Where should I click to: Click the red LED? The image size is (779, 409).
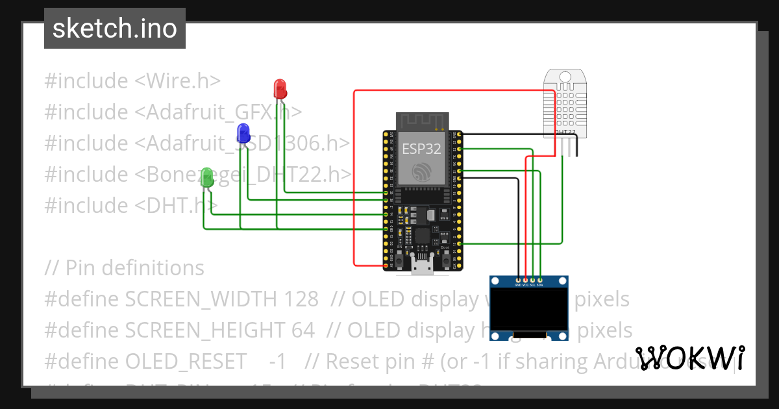click(x=280, y=88)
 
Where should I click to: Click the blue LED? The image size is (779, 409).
click(x=243, y=132)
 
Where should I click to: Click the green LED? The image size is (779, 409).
click(x=207, y=177)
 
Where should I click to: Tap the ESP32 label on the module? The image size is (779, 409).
click(x=421, y=149)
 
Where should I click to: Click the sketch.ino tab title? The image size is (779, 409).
click(x=115, y=29)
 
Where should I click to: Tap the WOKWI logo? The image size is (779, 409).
click(x=689, y=358)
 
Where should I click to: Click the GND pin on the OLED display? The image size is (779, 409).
click(x=518, y=280)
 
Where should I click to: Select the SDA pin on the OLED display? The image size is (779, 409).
click(x=540, y=280)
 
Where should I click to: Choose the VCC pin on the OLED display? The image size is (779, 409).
click(x=525, y=280)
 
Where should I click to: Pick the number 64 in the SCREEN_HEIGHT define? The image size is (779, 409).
click(x=303, y=330)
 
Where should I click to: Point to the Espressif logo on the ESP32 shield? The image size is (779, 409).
click(x=422, y=171)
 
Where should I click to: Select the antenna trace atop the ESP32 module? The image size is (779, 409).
click(x=423, y=121)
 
